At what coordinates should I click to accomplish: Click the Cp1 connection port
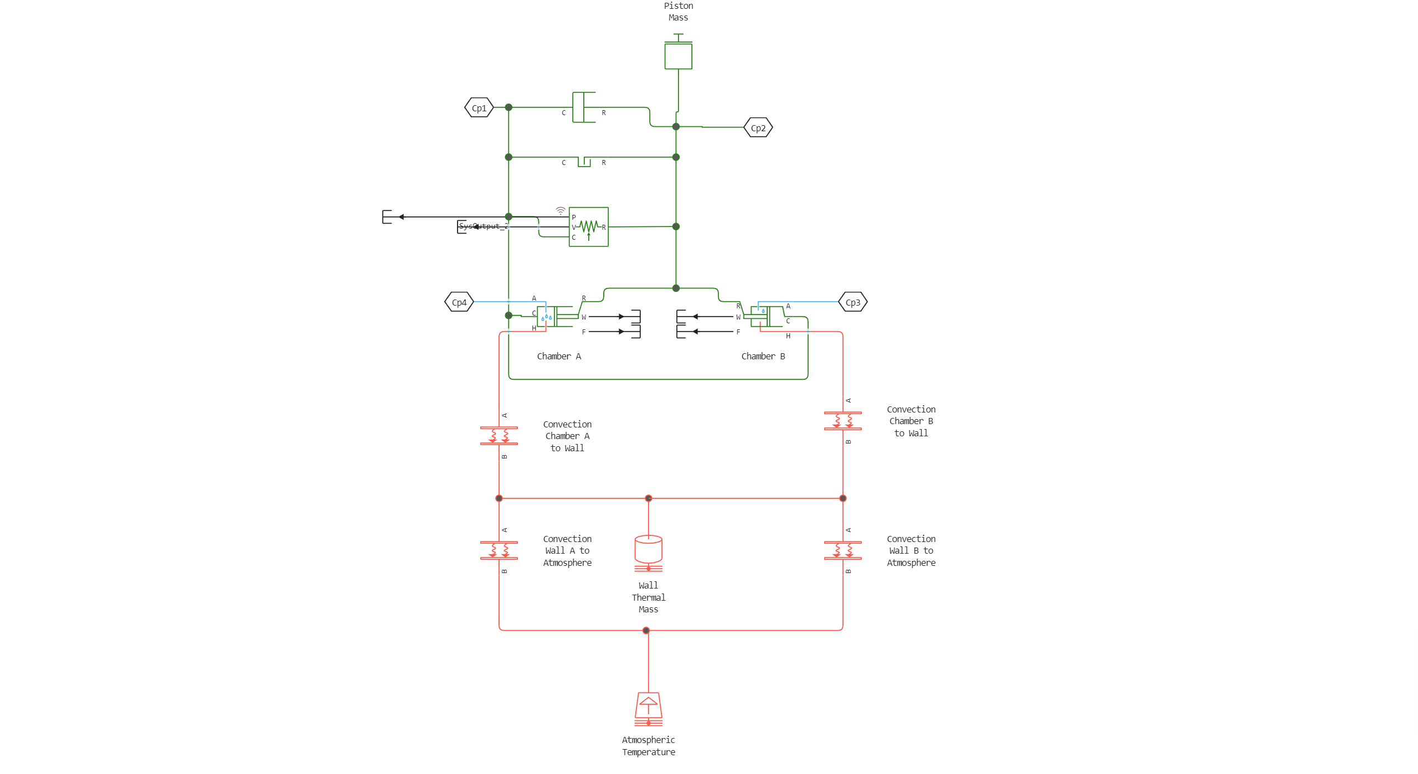pyautogui.click(x=479, y=108)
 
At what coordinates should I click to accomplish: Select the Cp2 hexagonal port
pyautogui.click(x=758, y=128)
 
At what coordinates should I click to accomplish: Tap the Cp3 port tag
pyautogui.click(x=852, y=302)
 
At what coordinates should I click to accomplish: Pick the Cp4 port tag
pyautogui.click(x=459, y=302)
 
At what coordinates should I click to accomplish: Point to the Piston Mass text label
pyautogui.click(x=678, y=12)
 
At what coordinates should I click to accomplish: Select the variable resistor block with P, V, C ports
pyautogui.click(x=588, y=227)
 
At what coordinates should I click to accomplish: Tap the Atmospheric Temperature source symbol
pyautogui.click(x=648, y=709)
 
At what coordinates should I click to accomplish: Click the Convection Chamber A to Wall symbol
pyautogui.click(x=499, y=436)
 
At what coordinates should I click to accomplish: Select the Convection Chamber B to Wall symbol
pyautogui.click(x=842, y=421)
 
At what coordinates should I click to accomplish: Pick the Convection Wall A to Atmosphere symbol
pyautogui.click(x=499, y=550)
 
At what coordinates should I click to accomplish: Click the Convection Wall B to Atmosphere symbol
pyautogui.click(x=842, y=550)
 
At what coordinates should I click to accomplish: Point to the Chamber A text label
pyautogui.click(x=559, y=357)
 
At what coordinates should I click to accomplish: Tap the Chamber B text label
pyautogui.click(x=763, y=357)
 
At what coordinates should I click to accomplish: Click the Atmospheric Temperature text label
pyautogui.click(x=648, y=746)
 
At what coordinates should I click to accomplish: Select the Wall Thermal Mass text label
pyautogui.click(x=648, y=597)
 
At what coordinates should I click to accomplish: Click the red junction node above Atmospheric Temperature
pyautogui.click(x=646, y=630)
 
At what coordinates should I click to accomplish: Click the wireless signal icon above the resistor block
pyautogui.click(x=561, y=211)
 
